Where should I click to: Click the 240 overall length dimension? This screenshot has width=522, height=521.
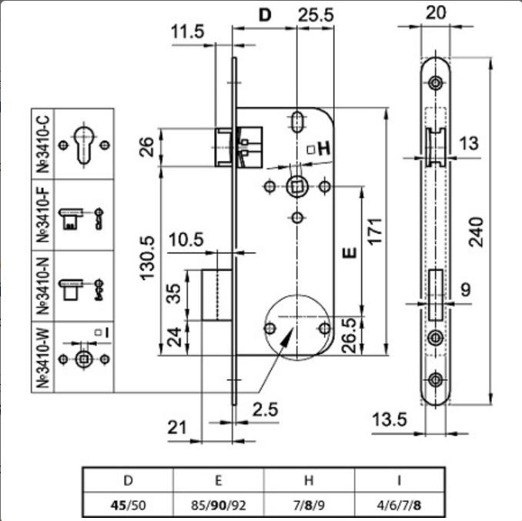pyautogui.click(x=476, y=232)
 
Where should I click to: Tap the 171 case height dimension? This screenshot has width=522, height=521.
pyautogui.click(x=374, y=232)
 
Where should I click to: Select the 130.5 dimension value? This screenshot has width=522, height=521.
pyautogui.click(x=147, y=258)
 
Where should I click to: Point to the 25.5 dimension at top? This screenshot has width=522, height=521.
pyautogui.click(x=315, y=15)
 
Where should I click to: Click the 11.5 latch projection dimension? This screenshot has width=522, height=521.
pyautogui.click(x=187, y=32)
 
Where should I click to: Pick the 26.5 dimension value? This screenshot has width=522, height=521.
pyautogui.click(x=349, y=336)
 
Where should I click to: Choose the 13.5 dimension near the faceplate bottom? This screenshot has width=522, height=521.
pyautogui.click(x=389, y=419)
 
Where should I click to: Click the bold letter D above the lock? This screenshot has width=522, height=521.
pyautogui.click(x=265, y=15)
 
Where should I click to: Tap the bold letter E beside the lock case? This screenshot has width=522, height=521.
pyautogui.click(x=350, y=253)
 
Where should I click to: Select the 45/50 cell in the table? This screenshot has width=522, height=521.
pyautogui.click(x=128, y=506)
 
